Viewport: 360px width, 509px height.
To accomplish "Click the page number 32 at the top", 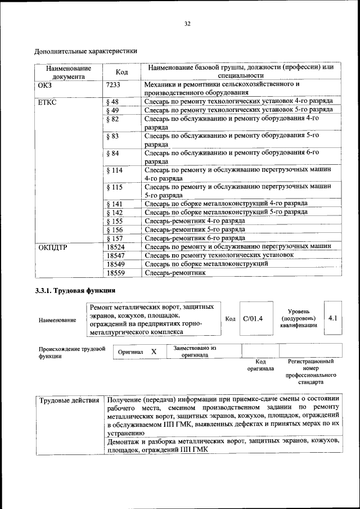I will point(187,24).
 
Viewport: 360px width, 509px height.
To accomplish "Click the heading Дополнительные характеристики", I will point(86,51).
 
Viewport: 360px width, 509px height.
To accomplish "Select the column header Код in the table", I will point(121,71).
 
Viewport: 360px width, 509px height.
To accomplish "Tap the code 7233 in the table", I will point(113,84).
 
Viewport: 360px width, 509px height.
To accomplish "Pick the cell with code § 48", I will point(112,102).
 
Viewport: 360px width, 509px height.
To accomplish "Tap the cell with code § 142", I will point(114,213).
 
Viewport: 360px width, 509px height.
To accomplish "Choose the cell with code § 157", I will point(114,238).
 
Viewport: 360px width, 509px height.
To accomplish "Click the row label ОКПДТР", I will point(53,247).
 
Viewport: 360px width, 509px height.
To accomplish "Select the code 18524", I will point(115,247).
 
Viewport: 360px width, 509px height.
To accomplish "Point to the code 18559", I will point(115,273).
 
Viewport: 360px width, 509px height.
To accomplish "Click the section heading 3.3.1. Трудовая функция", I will point(75,291).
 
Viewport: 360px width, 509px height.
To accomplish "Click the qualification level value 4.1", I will point(332,318).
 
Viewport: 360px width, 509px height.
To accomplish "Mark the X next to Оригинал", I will point(154,352).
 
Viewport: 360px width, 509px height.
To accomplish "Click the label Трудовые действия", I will point(69,400).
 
